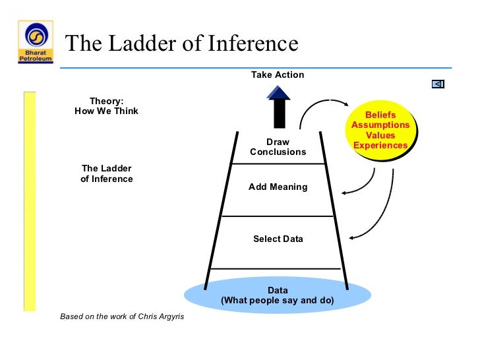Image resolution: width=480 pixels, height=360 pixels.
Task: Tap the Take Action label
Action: point(278,75)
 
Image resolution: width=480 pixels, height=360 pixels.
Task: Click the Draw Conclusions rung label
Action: point(278,147)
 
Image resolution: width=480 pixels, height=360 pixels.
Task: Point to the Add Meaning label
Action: point(278,187)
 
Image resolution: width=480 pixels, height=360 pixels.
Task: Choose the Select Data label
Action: point(278,239)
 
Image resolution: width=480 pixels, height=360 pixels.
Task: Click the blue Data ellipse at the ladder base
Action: point(278,295)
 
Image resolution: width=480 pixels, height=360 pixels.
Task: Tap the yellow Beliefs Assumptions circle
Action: point(380,129)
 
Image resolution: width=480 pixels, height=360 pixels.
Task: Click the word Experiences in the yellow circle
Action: point(380,146)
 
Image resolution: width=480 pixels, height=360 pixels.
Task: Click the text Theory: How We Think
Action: point(106,106)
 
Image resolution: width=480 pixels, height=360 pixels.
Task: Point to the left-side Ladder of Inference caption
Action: point(106,174)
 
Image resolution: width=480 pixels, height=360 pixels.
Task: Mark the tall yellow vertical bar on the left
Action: point(29,201)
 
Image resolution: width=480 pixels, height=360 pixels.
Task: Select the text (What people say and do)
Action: point(278,301)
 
